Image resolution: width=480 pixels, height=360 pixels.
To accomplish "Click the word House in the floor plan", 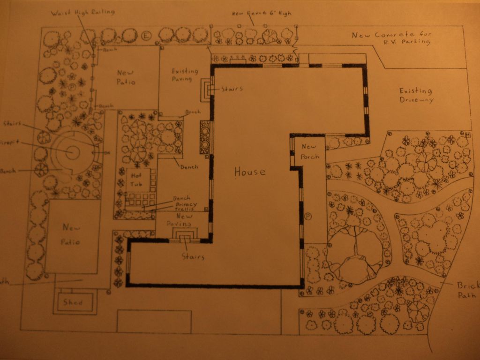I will [250, 172].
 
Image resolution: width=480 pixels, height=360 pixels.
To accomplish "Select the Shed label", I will [73, 302].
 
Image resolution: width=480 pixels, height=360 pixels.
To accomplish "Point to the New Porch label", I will [310, 151].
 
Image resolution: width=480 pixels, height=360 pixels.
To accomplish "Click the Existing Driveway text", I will [416, 95].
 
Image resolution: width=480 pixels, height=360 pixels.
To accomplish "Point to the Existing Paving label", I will [185, 75].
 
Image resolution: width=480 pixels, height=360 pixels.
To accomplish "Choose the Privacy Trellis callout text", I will [186, 207].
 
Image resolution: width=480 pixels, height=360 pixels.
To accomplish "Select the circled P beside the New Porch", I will [308, 216].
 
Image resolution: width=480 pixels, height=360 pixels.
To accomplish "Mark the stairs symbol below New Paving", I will [186, 234].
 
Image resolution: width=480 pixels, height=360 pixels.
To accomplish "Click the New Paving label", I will [181, 220].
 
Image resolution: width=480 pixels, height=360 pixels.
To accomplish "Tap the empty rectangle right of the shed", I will [154, 321].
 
